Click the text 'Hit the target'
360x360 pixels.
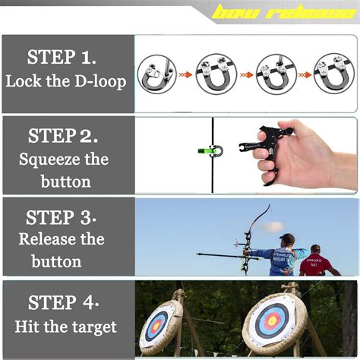pos(65,327)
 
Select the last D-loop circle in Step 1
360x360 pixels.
pos(334,74)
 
